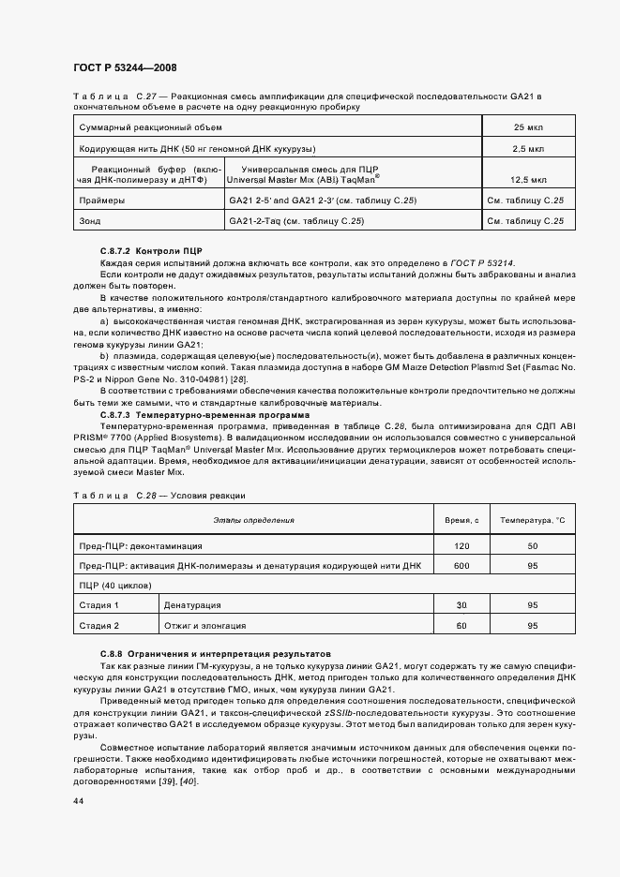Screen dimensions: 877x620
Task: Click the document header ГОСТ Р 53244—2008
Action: click(125, 67)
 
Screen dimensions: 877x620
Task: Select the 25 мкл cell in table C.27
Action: click(523, 126)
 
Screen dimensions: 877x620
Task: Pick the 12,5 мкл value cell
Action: click(523, 178)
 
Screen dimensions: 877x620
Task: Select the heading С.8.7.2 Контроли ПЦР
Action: click(151, 252)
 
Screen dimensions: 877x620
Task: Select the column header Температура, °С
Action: click(533, 519)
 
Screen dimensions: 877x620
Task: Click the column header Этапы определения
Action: click(253, 519)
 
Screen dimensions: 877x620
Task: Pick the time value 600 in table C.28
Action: click(461, 565)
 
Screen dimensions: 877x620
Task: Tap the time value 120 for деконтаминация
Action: click(461, 544)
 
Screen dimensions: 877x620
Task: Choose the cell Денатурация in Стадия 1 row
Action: click(192, 605)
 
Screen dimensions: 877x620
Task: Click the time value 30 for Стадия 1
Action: click(461, 605)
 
